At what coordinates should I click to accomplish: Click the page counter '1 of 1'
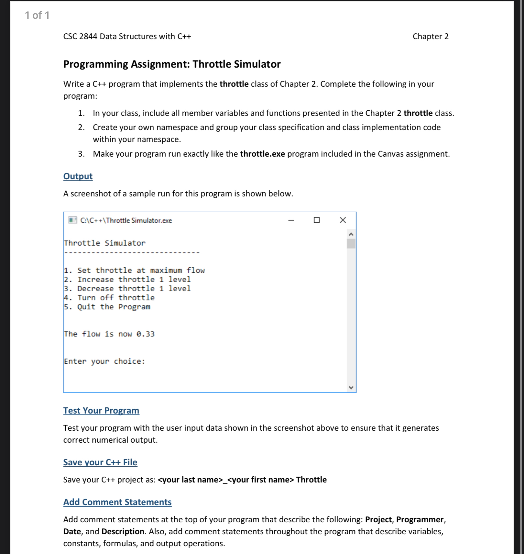(37, 15)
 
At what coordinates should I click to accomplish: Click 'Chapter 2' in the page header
(430, 36)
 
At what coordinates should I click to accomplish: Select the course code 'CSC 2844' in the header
(80, 36)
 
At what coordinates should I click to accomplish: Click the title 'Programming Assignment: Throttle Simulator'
(172, 64)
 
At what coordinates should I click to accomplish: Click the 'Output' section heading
(78, 176)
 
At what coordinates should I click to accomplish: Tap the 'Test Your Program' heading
(101, 411)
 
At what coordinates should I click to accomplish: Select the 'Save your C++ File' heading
(100, 462)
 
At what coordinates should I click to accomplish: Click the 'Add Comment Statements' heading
(117, 502)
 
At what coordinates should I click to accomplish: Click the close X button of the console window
(343, 220)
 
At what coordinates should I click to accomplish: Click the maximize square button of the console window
(317, 220)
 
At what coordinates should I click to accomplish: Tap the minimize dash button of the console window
(291, 220)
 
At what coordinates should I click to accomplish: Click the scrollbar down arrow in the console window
(351, 387)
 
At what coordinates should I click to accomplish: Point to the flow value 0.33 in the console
(146, 334)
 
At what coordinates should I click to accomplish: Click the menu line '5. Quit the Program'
(107, 307)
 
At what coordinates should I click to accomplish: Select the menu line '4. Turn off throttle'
(109, 298)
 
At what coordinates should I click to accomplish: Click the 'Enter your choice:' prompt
(104, 361)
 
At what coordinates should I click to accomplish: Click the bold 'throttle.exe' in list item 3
(262, 154)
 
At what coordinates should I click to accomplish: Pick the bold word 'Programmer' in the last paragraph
(420, 519)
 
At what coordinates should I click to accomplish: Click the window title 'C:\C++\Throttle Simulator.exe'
(126, 220)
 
